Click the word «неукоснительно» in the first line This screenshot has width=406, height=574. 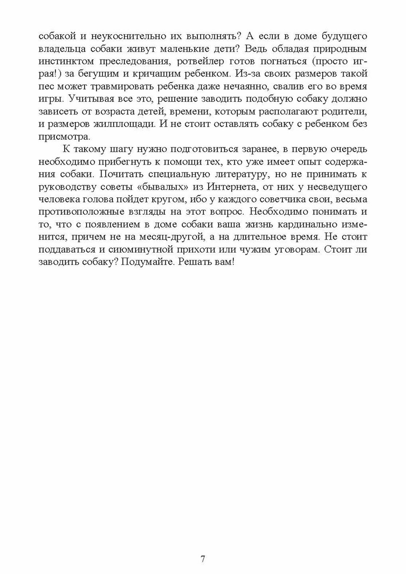pyautogui.click(x=112, y=36)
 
